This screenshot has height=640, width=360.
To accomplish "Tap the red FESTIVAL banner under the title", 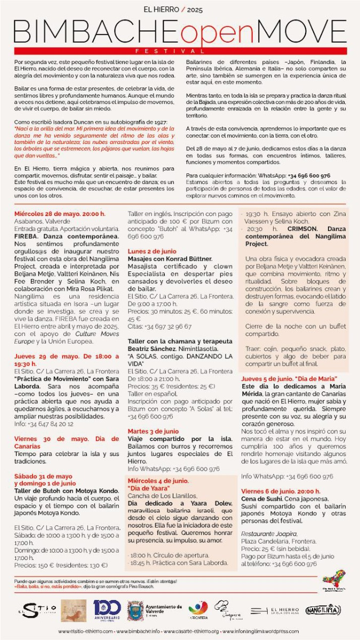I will coord(180,51).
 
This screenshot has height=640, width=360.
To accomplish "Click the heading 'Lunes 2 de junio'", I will coord(152,251).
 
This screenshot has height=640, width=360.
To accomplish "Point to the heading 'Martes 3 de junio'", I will coord(153,431).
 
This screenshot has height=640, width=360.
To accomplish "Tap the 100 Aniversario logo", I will coord(107,610).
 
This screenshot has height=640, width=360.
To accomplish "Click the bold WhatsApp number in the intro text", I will coord(309,175).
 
